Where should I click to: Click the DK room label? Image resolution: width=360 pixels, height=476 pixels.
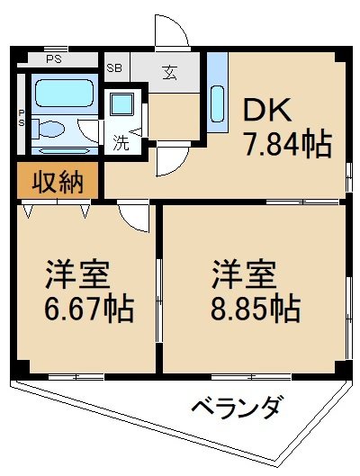267,110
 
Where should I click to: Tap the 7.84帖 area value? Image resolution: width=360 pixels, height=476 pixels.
287,145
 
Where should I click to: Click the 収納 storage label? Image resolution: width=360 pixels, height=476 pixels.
58,182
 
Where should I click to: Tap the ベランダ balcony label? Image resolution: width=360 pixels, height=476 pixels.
235,407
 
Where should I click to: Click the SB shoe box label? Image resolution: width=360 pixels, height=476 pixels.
113,67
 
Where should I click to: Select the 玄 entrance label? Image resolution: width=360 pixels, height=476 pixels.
169,72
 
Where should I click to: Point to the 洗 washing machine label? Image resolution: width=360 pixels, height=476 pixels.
121,142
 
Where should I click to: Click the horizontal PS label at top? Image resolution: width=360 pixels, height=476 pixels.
54,58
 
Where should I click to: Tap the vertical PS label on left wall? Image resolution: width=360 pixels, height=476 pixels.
22,119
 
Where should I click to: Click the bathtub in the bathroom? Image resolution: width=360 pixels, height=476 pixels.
64,94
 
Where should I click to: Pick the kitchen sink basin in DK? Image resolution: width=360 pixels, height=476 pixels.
217,103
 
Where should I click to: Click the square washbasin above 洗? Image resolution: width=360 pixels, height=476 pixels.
121,104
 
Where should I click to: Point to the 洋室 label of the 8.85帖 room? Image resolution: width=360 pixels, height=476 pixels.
244,274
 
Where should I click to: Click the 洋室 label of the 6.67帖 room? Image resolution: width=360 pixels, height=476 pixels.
77,274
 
